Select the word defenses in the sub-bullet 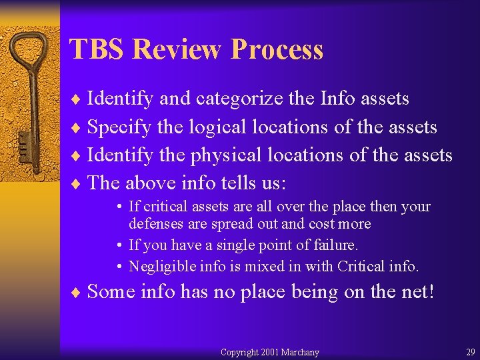157,224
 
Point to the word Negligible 161,267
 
